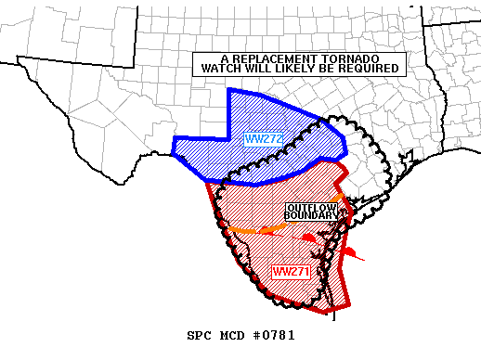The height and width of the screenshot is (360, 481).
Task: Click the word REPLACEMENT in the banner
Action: click(253, 58)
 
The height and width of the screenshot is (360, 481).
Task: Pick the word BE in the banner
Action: click(329, 69)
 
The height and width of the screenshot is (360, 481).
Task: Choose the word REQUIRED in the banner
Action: click(370, 69)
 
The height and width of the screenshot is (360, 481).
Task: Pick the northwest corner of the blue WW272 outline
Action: click(228, 89)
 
